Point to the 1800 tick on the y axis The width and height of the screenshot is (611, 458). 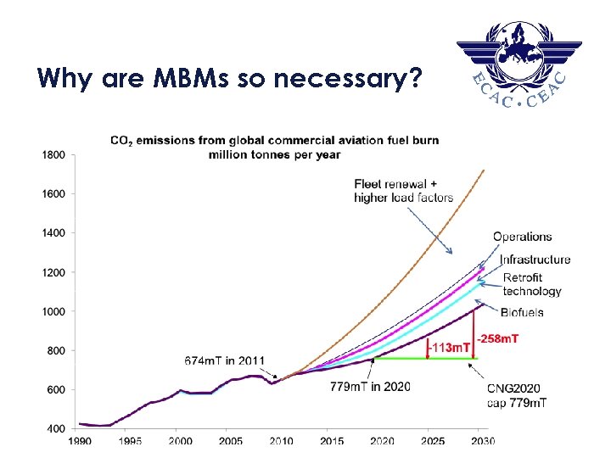(53, 154)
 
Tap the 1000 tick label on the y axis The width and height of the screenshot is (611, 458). (53, 311)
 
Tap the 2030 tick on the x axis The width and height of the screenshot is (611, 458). (482, 441)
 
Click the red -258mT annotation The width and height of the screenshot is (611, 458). (498, 338)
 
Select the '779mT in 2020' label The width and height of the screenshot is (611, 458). (370, 387)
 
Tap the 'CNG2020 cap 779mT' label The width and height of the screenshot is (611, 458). (517, 395)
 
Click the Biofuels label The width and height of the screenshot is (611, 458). (522, 312)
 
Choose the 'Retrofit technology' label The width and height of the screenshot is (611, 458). (532, 284)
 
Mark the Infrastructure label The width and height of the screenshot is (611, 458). (535, 260)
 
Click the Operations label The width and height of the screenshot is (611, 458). (522, 237)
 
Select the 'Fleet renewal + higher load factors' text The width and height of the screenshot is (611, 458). (403, 191)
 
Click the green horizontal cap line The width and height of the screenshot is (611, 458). (424, 358)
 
